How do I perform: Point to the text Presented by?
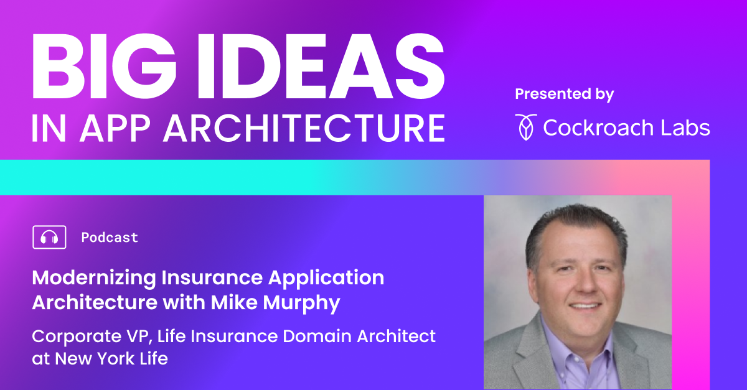click(x=564, y=95)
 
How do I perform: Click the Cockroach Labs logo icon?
click(x=525, y=127)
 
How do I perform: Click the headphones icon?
click(x=49, y=237)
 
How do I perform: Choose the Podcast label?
click(x=110, y=238)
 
